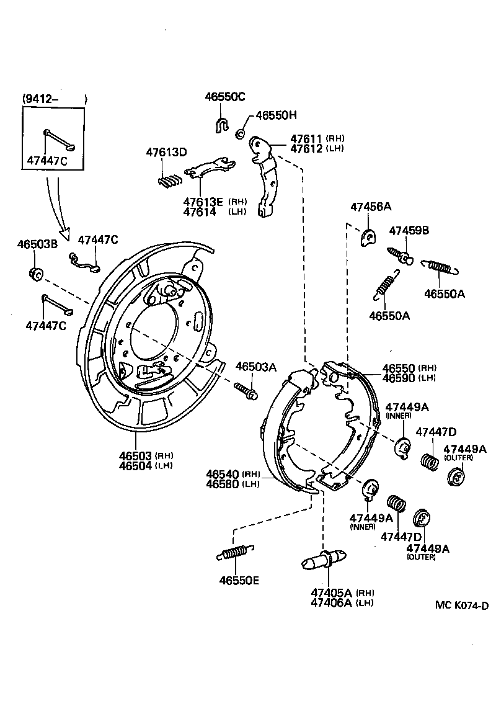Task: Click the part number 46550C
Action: [225, 97]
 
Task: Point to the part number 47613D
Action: [166, 152]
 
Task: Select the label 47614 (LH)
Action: [199, 212]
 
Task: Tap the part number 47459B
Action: [409, 231]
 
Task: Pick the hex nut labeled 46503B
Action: [35, 272]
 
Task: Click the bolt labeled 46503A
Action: [246, 390]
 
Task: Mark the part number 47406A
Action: [332, 602]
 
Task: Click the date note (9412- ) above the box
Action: [55, 99]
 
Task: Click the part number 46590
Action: [399, 378]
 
